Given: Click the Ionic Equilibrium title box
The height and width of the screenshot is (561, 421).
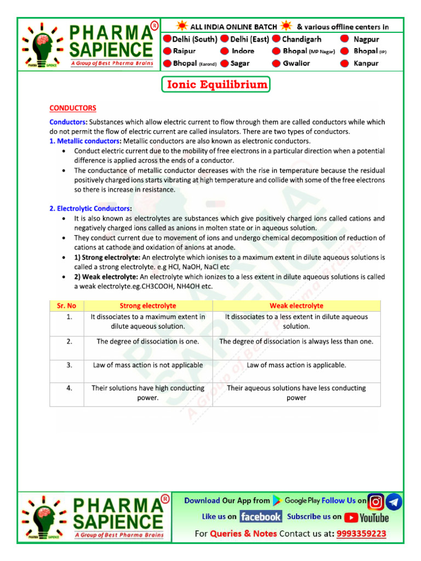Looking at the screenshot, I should pos(215,85).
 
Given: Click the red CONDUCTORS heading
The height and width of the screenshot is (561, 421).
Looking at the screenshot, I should pos(73,108).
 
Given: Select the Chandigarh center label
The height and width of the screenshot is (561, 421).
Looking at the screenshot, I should pos(301,39).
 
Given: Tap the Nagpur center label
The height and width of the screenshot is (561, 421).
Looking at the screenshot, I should pos(366,39).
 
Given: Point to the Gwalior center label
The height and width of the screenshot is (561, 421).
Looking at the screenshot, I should pos(296,63).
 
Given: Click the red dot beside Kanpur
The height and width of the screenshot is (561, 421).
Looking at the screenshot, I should pos(345,63).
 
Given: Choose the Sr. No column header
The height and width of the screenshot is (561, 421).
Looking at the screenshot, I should pos(66,306).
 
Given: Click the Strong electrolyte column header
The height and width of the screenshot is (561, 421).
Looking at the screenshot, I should pos(148,306).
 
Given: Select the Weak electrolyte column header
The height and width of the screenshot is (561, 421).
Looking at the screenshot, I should pos(296,306).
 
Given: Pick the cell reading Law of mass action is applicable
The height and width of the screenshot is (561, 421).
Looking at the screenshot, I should pos(296,365).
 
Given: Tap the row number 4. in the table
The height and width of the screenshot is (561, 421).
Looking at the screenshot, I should pos(70,388).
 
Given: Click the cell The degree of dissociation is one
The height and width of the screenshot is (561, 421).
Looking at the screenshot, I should pos(148,341).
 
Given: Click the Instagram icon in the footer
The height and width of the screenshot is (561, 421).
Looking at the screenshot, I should pos(376,501).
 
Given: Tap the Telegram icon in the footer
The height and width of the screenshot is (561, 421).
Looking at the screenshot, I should pos(394,501).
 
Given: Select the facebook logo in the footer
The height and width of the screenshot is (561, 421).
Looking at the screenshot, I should pos(260,517).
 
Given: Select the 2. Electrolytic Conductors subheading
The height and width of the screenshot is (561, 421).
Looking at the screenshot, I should pos(90,208).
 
